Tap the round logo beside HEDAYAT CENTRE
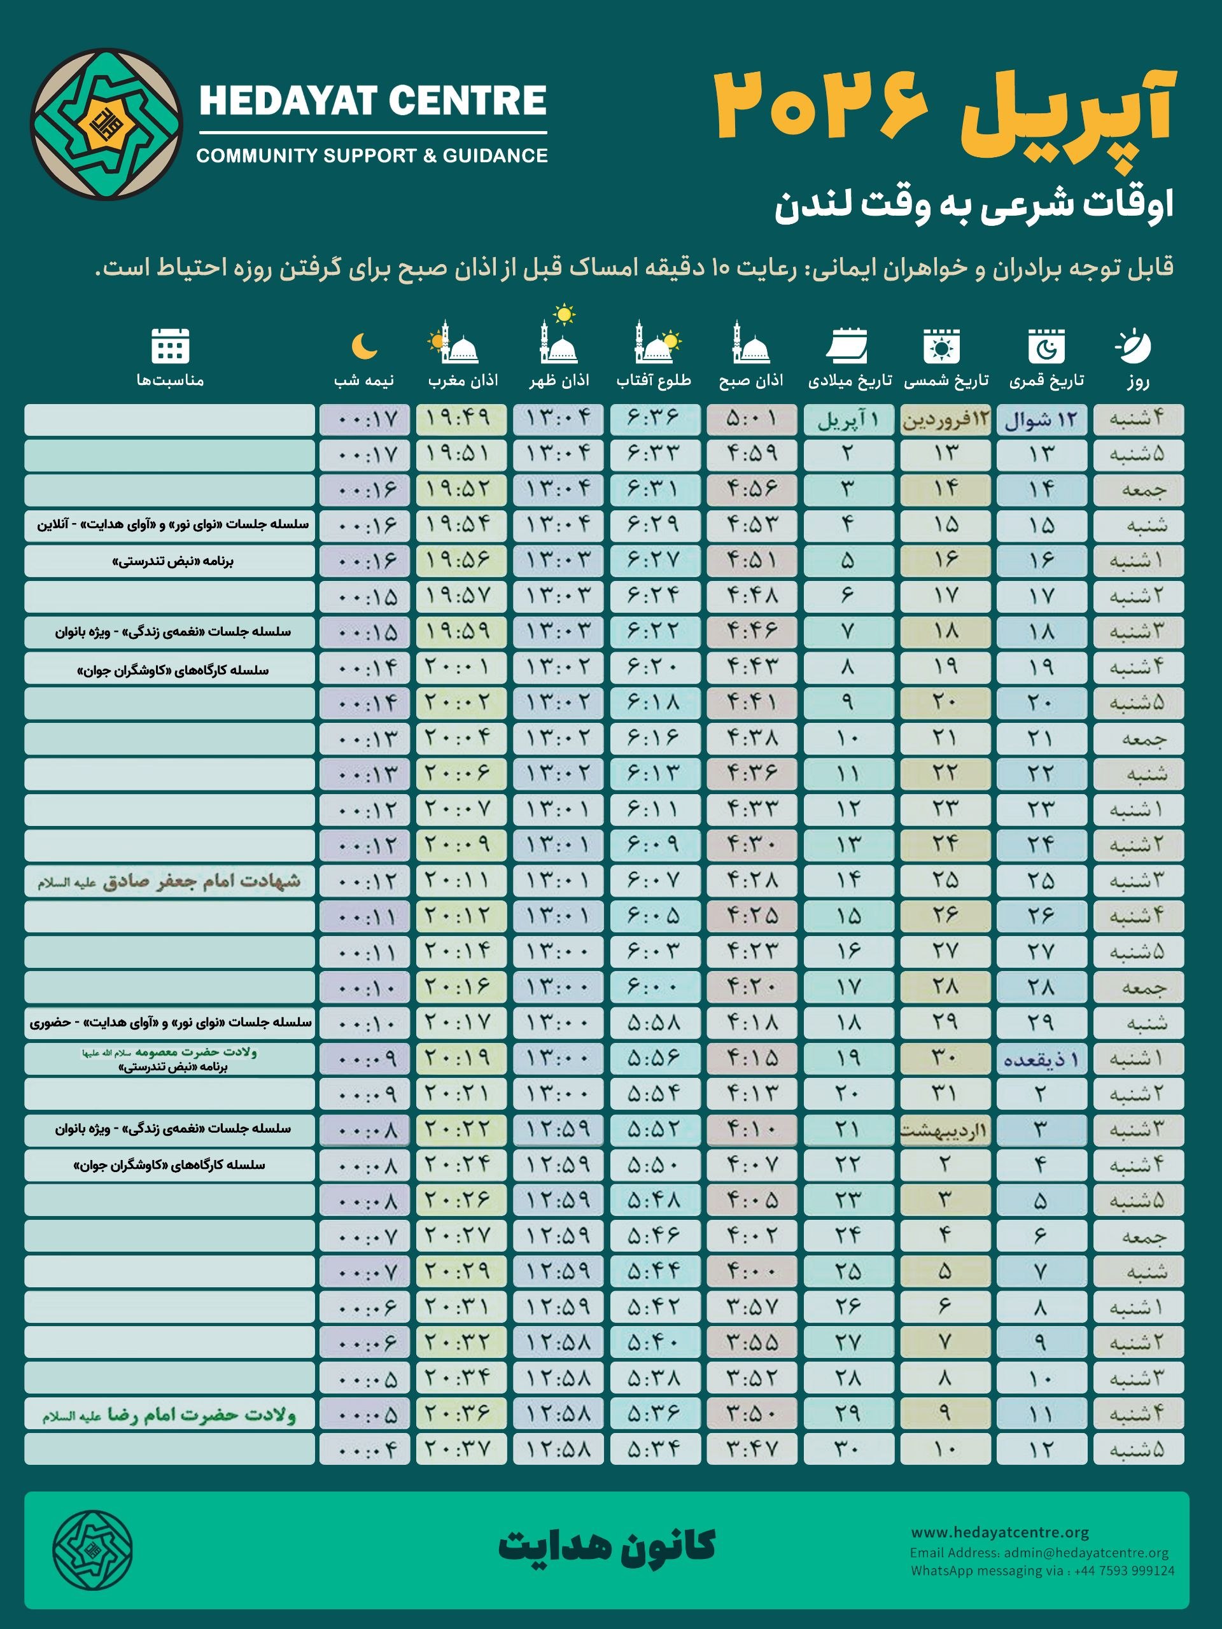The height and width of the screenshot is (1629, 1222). [x=107, y=123]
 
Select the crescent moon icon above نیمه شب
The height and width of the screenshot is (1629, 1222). [x=364, y=346]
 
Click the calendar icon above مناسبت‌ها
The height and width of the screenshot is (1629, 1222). [x=170, y=346]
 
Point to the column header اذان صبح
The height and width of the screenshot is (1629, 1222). [x=750, y=380]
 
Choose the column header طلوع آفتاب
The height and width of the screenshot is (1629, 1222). [x=654, y=380]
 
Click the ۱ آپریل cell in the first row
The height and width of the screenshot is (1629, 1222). [x=848, y=420]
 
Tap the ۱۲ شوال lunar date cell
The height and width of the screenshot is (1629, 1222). [x=1041, y=420]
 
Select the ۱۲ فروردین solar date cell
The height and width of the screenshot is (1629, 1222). [x=945, y=420]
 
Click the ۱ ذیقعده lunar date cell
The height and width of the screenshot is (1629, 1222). [x=1041, y=1059]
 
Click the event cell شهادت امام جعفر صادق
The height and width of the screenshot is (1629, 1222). [x=169, y=881]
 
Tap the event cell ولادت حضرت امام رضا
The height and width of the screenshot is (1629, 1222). [x=169, y=1414]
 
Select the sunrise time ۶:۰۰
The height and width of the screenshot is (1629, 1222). [x=654, y=987]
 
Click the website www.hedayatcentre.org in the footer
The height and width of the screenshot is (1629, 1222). [x=999, y=1532]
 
